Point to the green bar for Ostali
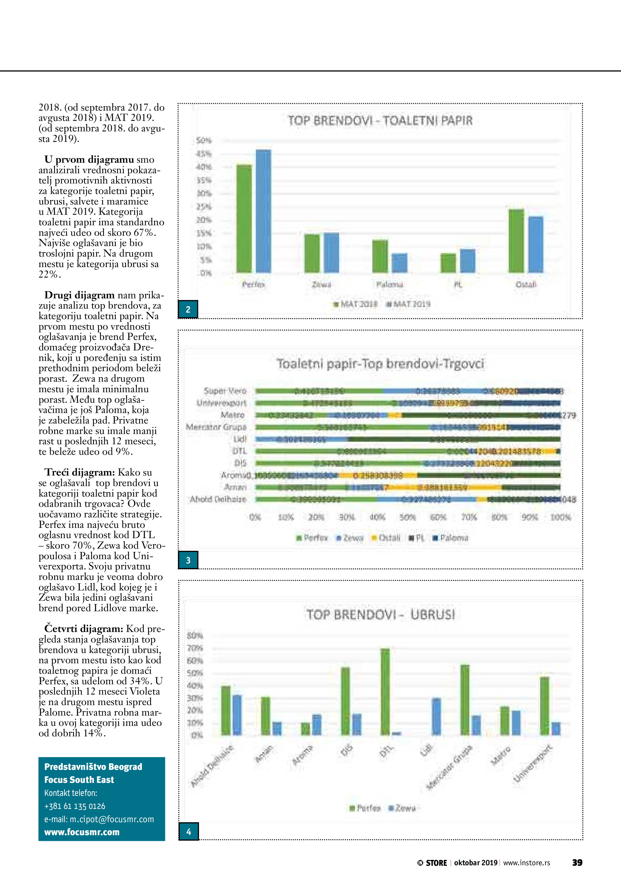(516, 241)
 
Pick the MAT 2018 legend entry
(356, 304)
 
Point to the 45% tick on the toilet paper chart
(204, 154)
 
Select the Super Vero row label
(225, 391)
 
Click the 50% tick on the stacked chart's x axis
(407, 517)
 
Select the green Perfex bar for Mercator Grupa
(465, 700)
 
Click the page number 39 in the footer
(577, 862)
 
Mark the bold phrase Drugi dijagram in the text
(79, 295)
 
